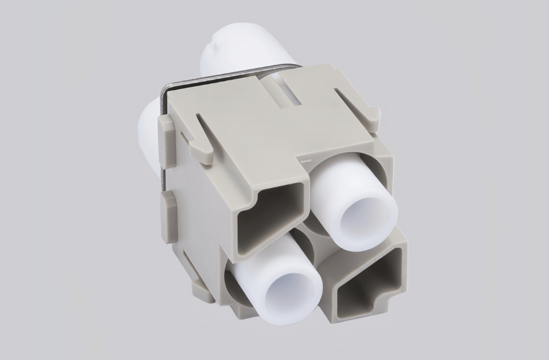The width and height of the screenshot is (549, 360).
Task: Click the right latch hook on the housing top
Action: pyautogui.click(x=370, y=117)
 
